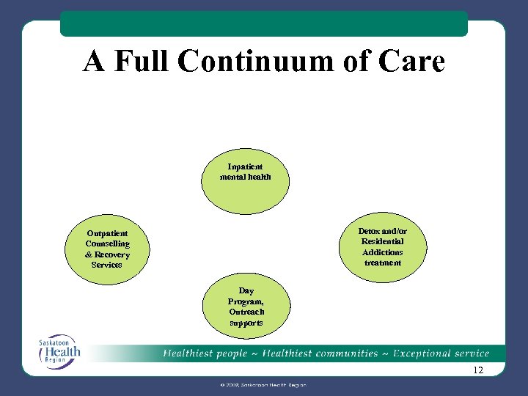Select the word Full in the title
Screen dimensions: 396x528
145,62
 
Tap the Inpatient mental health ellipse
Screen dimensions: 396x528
246,180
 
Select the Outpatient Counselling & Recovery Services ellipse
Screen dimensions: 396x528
107,249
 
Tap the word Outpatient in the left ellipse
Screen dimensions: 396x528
107,234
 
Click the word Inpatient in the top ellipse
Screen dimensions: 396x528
246,166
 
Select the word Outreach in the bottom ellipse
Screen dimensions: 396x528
246,312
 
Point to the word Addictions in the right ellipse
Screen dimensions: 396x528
383,252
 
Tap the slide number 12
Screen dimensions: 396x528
478,370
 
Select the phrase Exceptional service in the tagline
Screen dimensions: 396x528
441,353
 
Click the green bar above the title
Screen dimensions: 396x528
263,23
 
